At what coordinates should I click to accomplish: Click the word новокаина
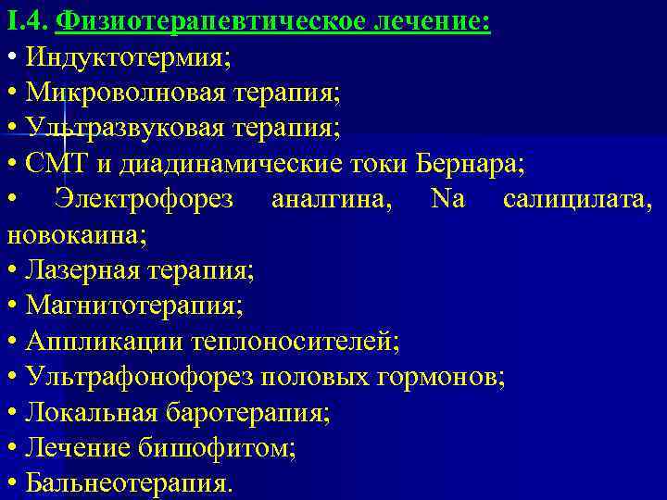(x=74, y=234)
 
